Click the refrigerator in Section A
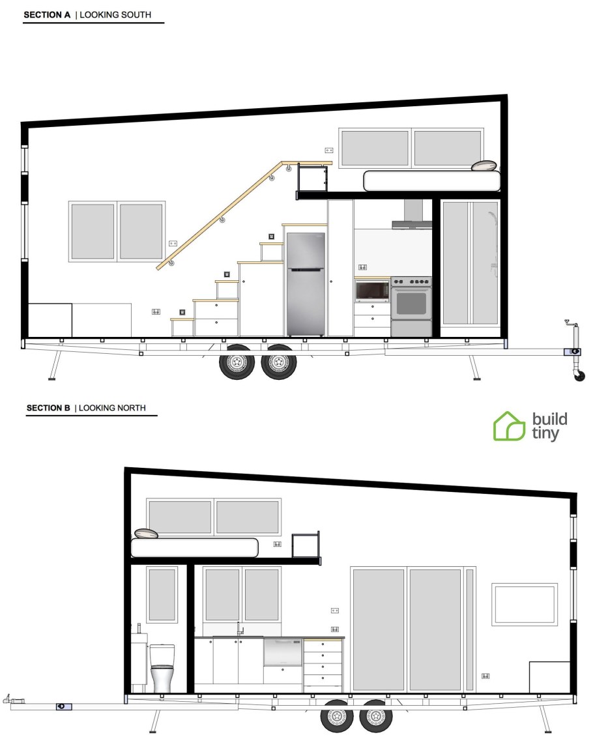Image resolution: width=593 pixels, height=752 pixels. point(306,284)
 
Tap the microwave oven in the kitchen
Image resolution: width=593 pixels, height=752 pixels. point(372,291)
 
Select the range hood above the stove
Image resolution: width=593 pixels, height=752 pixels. point(412,214)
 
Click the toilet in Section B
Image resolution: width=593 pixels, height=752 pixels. point(162,667)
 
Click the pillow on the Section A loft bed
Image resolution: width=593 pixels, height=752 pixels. point(483,166)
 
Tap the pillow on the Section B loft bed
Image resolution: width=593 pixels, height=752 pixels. point(146,533)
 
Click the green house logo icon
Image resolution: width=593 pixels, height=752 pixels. point(509,426)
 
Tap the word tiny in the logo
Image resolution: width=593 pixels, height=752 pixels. point(545,433)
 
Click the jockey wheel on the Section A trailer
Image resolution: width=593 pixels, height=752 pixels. point(579,375)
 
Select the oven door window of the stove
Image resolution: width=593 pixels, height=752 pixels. point(411,303)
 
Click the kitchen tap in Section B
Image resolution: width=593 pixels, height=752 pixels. point(239,629)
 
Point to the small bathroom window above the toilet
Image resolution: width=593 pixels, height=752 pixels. point(162,595)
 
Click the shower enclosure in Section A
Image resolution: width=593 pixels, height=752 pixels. point(470,263)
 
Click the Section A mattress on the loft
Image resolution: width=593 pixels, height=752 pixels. point(432,181)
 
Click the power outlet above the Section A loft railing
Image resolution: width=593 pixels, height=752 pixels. point(328,150)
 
